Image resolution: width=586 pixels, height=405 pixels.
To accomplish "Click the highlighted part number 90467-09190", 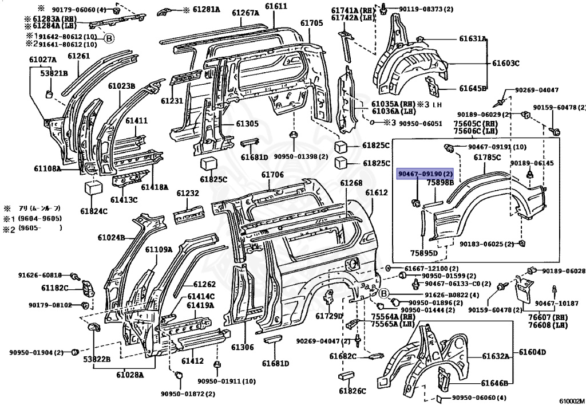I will pyautogui.click(x=425, y=174).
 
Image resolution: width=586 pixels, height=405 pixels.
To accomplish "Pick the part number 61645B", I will pyautogui.click(x=473, y=88).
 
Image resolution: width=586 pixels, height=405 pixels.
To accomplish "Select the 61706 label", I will pyautogui.click(x=272, y=175).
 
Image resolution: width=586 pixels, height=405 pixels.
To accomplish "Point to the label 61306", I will pyautogui.click(x=242, y=347).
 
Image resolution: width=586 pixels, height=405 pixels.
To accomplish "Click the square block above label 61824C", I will pyautogui.click(x=92, y=188).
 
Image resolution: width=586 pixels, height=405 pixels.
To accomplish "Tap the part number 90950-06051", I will pyautogui.click(x=421, y=123).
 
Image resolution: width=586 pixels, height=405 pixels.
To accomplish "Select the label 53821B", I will pyautogui.click(x=54, y=73).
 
